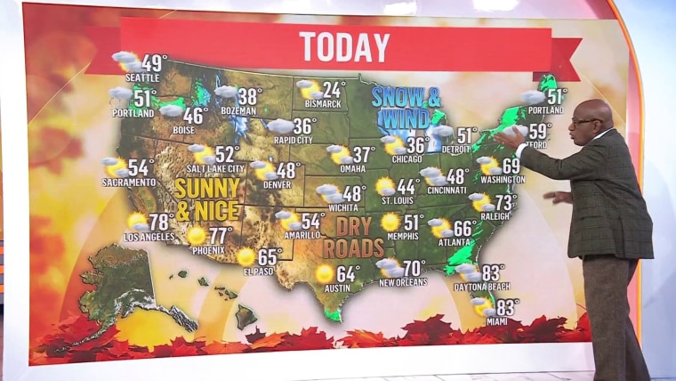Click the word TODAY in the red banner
344,46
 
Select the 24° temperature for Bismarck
334,89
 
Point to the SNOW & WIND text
407,106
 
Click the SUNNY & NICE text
206,199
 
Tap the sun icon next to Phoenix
197,236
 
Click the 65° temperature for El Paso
269,255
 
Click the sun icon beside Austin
325,273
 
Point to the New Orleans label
403,282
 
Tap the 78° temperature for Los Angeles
160,221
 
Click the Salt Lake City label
215,168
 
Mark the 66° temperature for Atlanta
463,228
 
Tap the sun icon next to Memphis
390,222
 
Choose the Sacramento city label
129,182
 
